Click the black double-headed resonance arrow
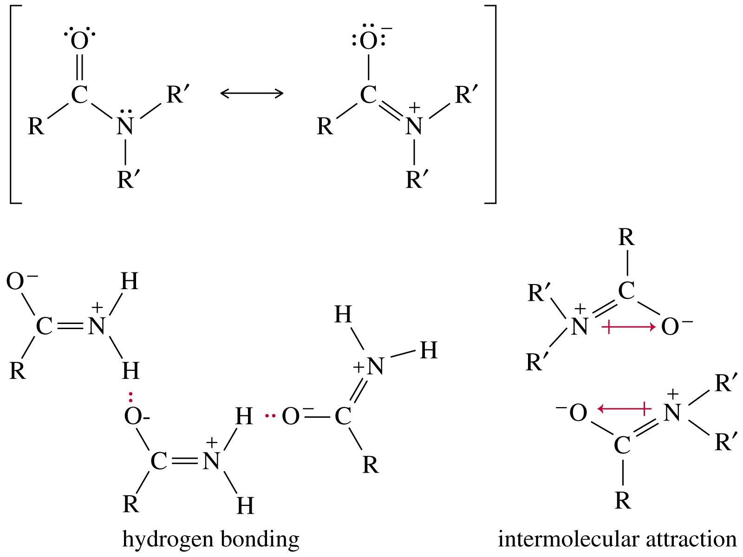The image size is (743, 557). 252,93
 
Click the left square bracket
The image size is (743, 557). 10,104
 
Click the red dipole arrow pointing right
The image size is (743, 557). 628,327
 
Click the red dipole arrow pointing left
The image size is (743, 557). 623,408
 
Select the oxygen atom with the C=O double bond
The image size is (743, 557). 79,42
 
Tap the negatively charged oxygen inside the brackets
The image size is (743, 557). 368,42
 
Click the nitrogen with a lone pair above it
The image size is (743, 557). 125,126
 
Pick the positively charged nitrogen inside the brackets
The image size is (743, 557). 414,126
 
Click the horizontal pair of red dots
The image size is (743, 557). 269,415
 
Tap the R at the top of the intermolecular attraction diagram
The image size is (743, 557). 626,238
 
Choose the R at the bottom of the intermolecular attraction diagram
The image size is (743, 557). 623,501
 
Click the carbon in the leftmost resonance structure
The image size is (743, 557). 79,95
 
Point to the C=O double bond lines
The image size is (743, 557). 79,69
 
